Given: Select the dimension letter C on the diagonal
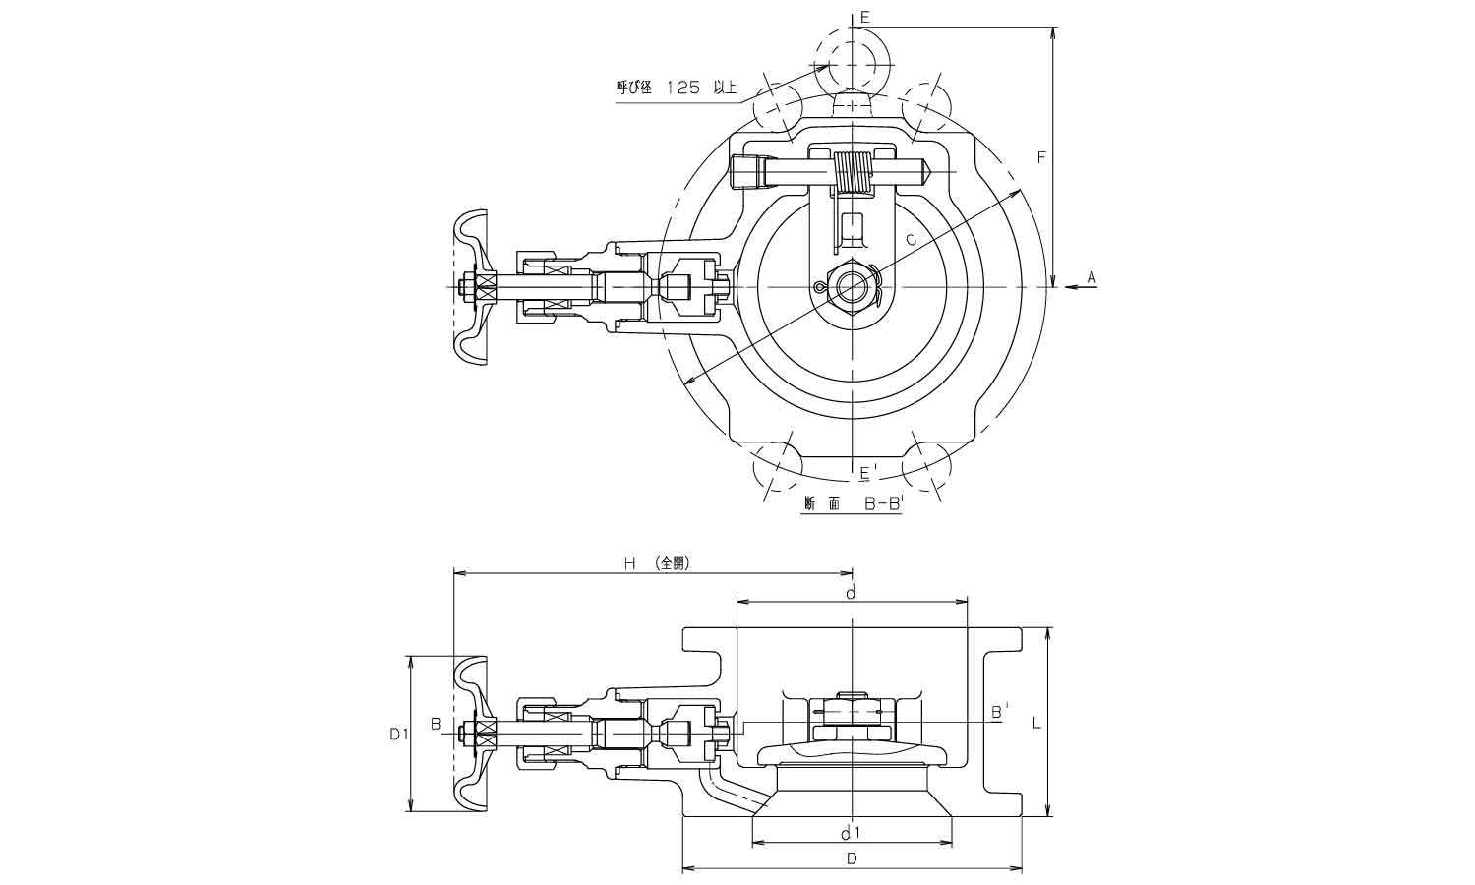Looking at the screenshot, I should tap(911, 239).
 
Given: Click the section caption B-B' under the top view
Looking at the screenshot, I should tap(853, 503).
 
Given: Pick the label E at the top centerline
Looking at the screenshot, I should tap(865, 17).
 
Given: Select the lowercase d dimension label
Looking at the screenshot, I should tap(852, 592).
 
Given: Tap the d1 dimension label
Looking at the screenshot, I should tap(852, 834).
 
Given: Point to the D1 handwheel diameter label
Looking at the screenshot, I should tap(398, 733).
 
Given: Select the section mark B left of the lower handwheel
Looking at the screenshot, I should tap(435, 725).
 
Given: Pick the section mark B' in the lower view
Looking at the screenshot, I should tap(998, 710).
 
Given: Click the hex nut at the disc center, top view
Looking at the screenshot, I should tap(852, 286).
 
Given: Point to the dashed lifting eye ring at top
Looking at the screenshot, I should tap(852, 59).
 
